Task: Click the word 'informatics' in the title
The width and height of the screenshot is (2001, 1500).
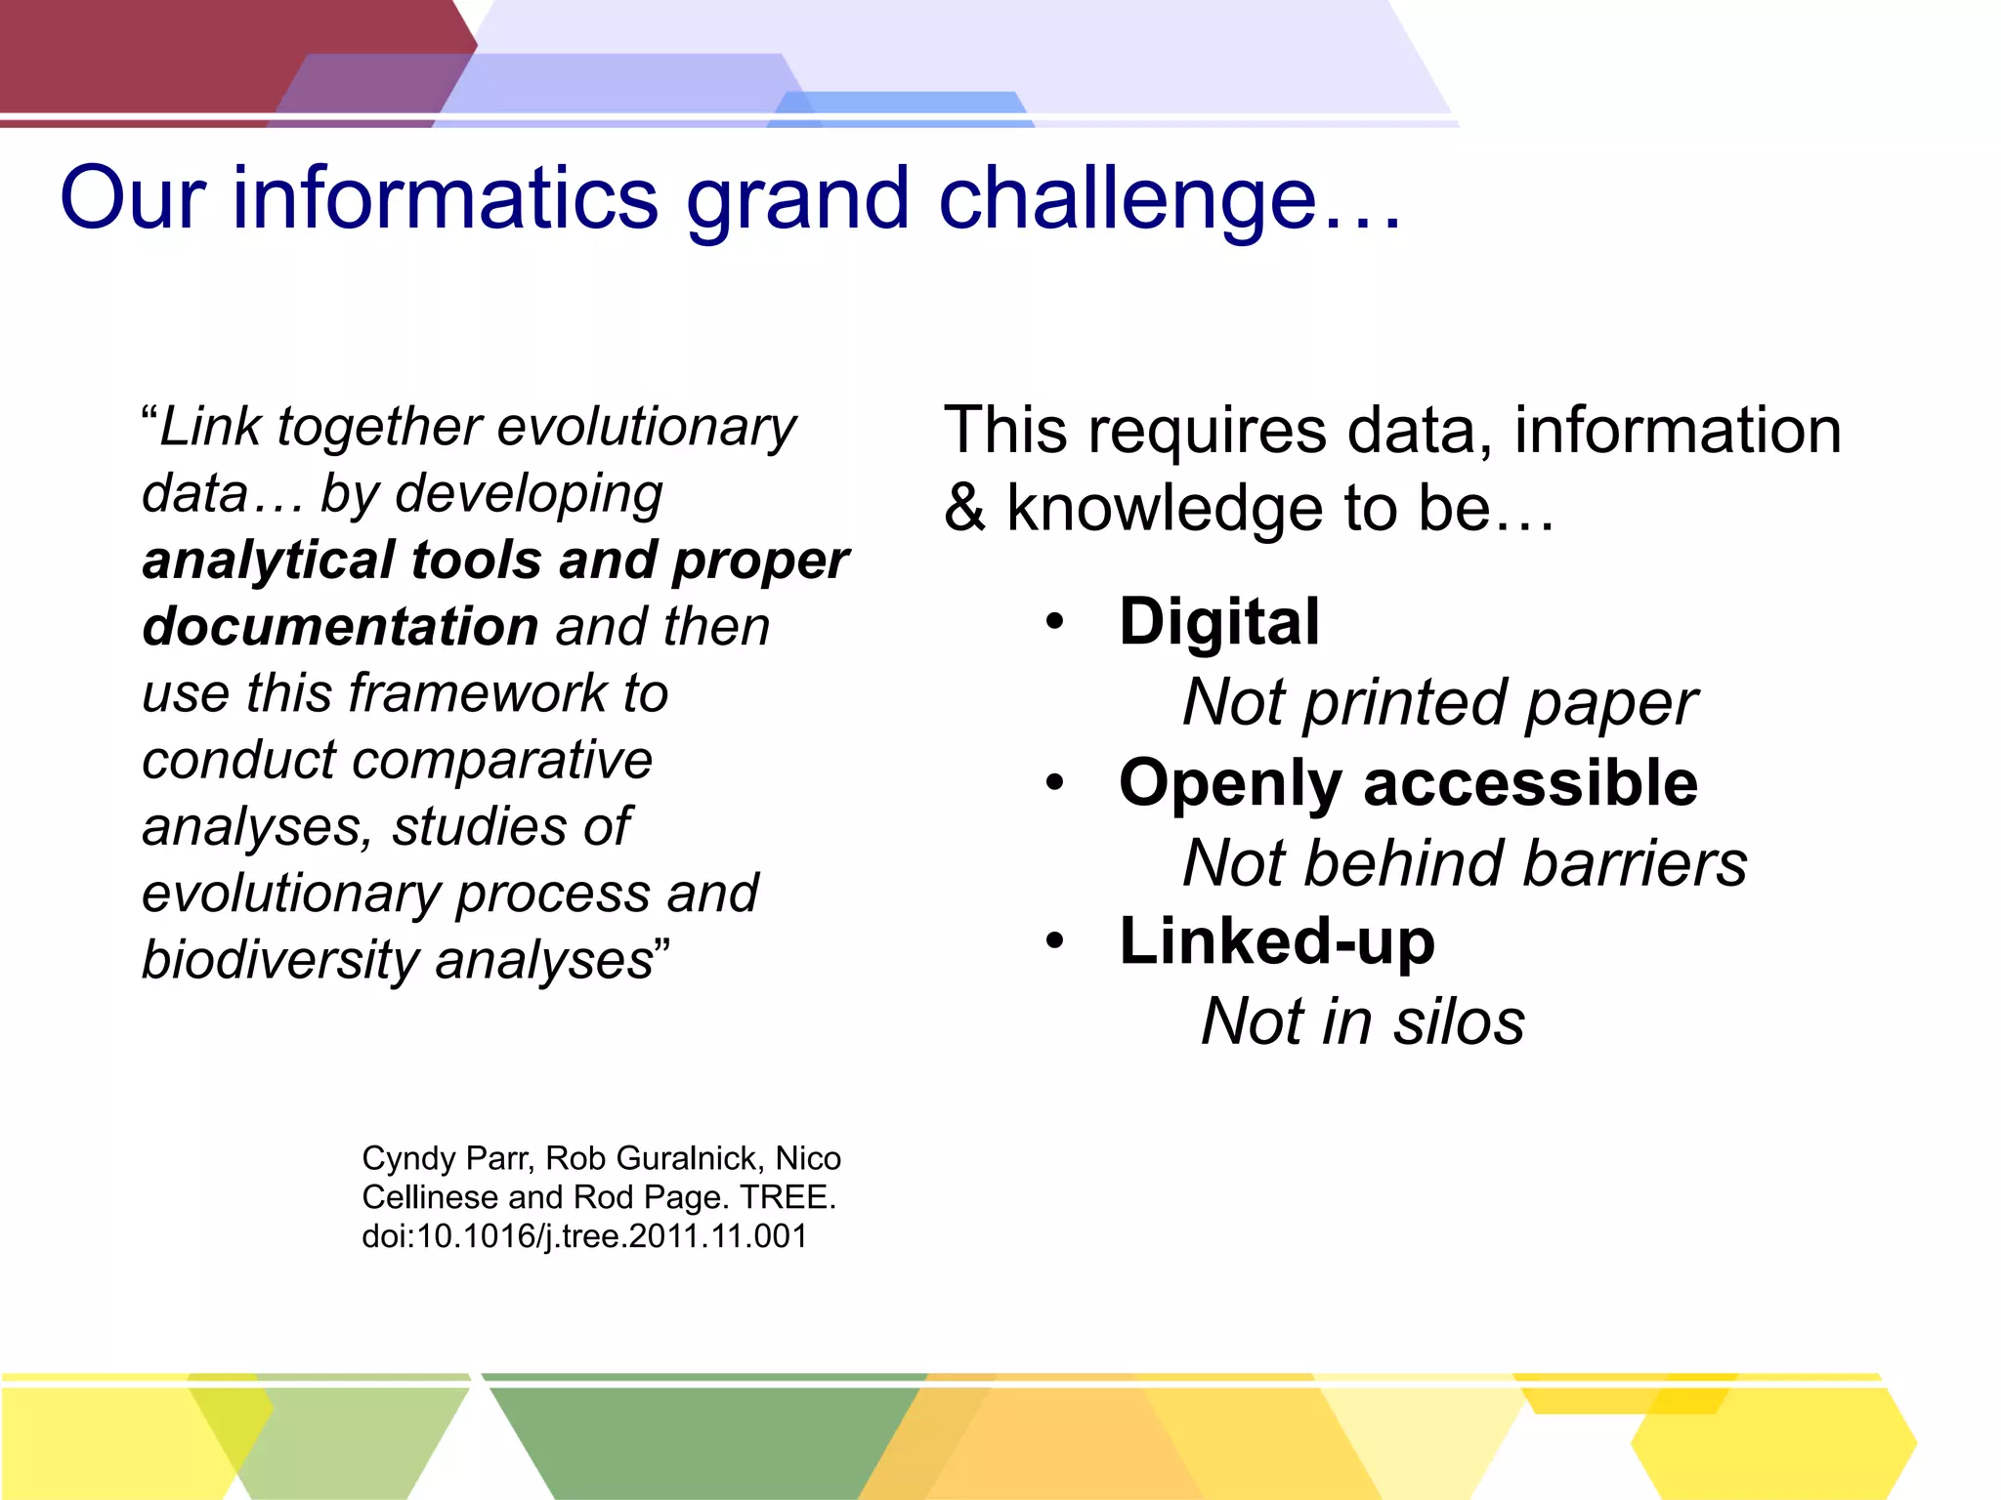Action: click(445, 198)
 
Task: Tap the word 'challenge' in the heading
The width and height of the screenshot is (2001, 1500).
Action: click(1128, 198)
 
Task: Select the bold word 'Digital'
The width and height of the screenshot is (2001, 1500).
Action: click(1219, 622)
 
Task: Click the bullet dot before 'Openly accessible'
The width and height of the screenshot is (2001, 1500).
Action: click(1053, 782)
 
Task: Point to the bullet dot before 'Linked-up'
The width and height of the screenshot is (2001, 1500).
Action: click(1053, 941)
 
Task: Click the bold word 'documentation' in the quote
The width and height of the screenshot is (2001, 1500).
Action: click(340, 627)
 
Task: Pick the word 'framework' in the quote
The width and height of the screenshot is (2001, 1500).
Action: click(478, 693)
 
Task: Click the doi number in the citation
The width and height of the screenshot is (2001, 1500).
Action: click(584, 1236)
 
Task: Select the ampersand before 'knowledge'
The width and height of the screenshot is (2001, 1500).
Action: click(965, 509)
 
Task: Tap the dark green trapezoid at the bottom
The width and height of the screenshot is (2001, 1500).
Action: click(703, 1440)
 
